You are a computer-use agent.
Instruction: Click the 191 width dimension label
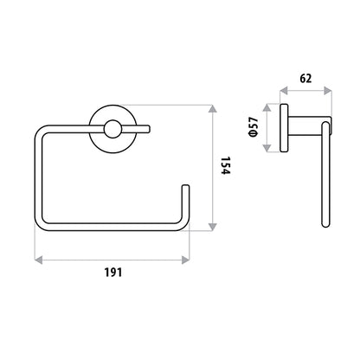pos(113,273)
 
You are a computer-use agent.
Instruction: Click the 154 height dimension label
pos(226,165)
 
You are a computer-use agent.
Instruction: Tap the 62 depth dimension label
pos(305,79)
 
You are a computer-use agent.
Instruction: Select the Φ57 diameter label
pos(253,127)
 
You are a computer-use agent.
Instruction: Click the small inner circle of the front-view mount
pos(112,129)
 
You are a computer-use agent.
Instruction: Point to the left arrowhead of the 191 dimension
pos(38,260)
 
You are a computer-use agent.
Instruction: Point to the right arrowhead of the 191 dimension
pos(185,260)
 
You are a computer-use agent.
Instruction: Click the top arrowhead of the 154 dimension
pos(213,109)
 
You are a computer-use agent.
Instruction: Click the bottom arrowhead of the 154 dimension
pos(213,227)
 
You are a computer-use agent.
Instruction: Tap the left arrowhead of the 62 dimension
pos(284,91)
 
